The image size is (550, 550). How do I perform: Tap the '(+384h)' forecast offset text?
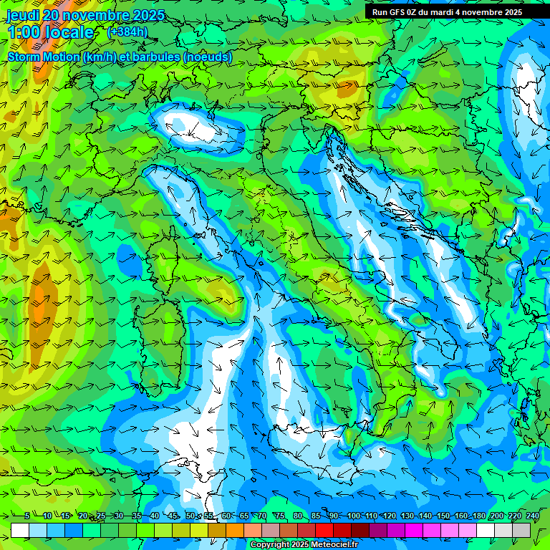tap(127, 32)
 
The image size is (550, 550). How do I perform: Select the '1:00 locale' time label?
tap(50, 32)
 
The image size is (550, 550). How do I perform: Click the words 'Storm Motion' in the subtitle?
tap(44, 57)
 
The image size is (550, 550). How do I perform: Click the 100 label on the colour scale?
tap(354, 516)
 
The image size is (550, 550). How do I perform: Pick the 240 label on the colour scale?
tap(533, 516)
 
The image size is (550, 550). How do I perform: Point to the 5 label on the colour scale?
tap(27, 516)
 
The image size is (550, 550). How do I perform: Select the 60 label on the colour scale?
tap(226, 516)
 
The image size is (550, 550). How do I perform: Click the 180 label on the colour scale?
tap(477, 516)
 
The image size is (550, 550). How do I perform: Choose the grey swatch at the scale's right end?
tap(522, 530)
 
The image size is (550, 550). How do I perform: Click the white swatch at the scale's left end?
tap(20, 530)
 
